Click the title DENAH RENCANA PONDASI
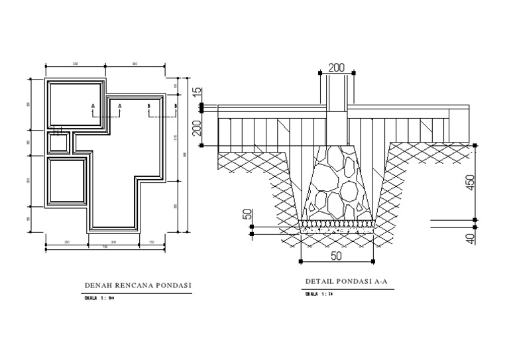[x=138, y=286]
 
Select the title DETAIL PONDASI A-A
[x=345, y=281]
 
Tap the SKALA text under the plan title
[x=100, y=298]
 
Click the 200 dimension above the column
[x=337, y=68]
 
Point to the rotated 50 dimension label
[x=247, y=215]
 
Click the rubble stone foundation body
[x=336, y=182]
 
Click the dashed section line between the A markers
[x=106, y=113]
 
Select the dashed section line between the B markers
[x=162, y=113]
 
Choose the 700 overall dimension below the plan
[x=105, y=248]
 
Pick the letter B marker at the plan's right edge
[x=176, y=105]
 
